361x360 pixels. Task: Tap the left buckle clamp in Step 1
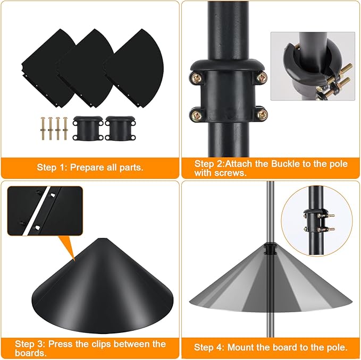[x=84, y=128]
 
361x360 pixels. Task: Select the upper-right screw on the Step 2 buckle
[x=261, y=78]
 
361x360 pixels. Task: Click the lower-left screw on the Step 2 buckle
[x=195, y=113]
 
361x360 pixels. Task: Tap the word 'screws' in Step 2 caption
[x=232, y=174]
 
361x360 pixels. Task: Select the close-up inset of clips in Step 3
[x=45, y=212]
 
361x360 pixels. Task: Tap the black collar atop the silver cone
[x=271, y=248]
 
